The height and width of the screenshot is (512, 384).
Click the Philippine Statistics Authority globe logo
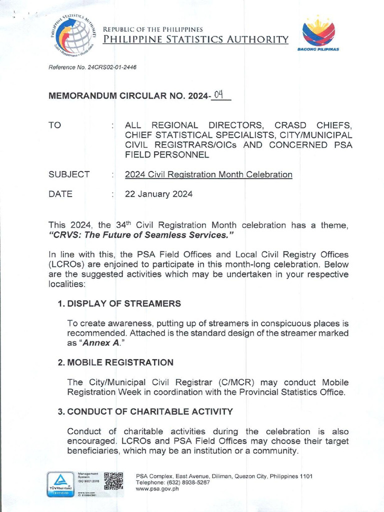click(x=73, y=35)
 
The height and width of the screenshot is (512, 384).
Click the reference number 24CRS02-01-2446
click(x=112, y=67)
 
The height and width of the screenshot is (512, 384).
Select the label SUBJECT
click(x=69, y=174)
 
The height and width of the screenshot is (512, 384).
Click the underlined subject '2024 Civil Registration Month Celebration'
click(x=208, y=174)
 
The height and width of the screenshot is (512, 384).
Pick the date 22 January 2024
click(x=158, y=194)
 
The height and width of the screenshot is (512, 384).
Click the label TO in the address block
click(x=54, y=125)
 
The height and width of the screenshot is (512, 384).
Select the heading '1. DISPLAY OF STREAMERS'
click(x=119, y=303)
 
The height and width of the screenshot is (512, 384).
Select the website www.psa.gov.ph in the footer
click(x=157, y=489)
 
